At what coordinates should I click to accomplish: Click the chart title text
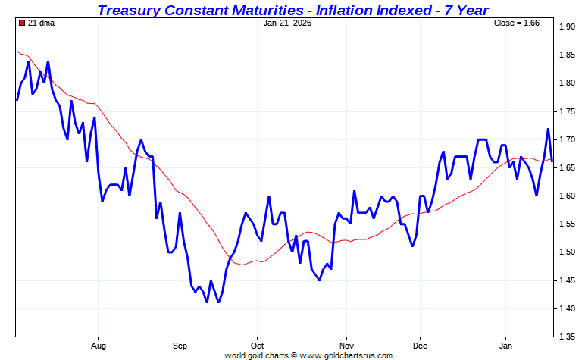click(x=292, y=10)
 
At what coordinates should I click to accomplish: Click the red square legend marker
click(x=21, y=23)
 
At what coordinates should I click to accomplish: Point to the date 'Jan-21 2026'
click(x=287, y=23)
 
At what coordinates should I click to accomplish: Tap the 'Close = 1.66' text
click(x=516, y=23)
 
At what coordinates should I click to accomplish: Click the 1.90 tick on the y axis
click(x=568, y=27)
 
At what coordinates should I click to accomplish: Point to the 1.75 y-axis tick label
click(x=568, y=111)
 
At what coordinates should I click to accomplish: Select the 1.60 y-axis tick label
click(x=568, y=196)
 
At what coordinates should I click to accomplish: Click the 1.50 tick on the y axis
click(x=568, y=252)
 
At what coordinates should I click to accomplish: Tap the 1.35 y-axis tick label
click(x=568, y=337)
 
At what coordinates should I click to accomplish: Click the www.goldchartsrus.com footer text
click(x=344, y=355)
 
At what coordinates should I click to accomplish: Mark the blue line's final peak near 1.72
click(x=547, y=129)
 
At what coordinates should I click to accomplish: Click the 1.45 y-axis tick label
click(x=568, y=280)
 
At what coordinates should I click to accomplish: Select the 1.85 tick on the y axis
click(x=568, y=55)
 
